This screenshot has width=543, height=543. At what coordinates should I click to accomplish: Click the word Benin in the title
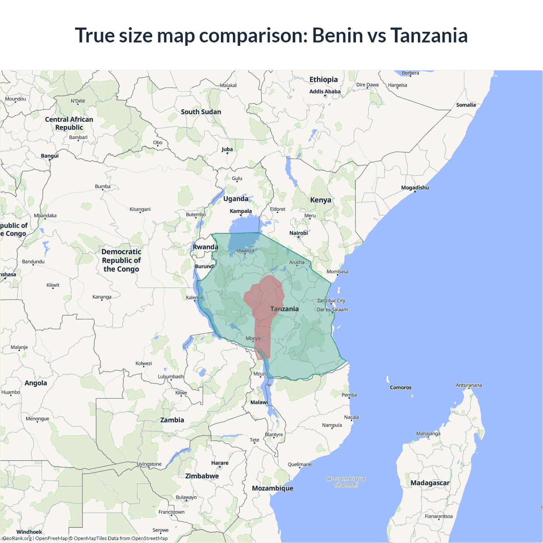coord(337,36)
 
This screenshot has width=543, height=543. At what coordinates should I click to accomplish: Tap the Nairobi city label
coord(299,233)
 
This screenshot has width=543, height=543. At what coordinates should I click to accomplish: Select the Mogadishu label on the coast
coord(415,188)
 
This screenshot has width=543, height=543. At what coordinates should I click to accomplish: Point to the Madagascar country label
coord(430,483)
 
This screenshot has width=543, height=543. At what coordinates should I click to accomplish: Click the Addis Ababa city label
coord(325,92)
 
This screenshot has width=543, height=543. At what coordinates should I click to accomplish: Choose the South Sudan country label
coord(201,112)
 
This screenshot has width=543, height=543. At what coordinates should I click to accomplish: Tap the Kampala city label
coord(241,211)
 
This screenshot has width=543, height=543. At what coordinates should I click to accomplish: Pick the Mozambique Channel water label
coord(346,482)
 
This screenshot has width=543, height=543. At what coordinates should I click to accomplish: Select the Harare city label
coord(220,463)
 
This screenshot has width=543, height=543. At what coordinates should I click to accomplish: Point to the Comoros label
coord(400,388)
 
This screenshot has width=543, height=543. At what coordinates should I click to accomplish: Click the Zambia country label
coord(172,420)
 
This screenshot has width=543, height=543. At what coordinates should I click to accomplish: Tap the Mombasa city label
coord(337,271)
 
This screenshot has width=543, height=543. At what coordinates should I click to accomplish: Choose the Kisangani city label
coord(140,209)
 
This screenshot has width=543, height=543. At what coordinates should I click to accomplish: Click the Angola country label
coord(36,383)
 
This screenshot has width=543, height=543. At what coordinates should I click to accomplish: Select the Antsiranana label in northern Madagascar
coord(469,385)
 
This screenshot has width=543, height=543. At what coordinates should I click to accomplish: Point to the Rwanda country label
coord(205,247)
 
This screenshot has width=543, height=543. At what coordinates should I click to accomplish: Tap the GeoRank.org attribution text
coord(17,538)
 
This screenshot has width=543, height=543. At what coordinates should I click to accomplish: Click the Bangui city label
coord(50,156)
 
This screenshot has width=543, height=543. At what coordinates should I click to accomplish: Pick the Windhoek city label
coord(29,532)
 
